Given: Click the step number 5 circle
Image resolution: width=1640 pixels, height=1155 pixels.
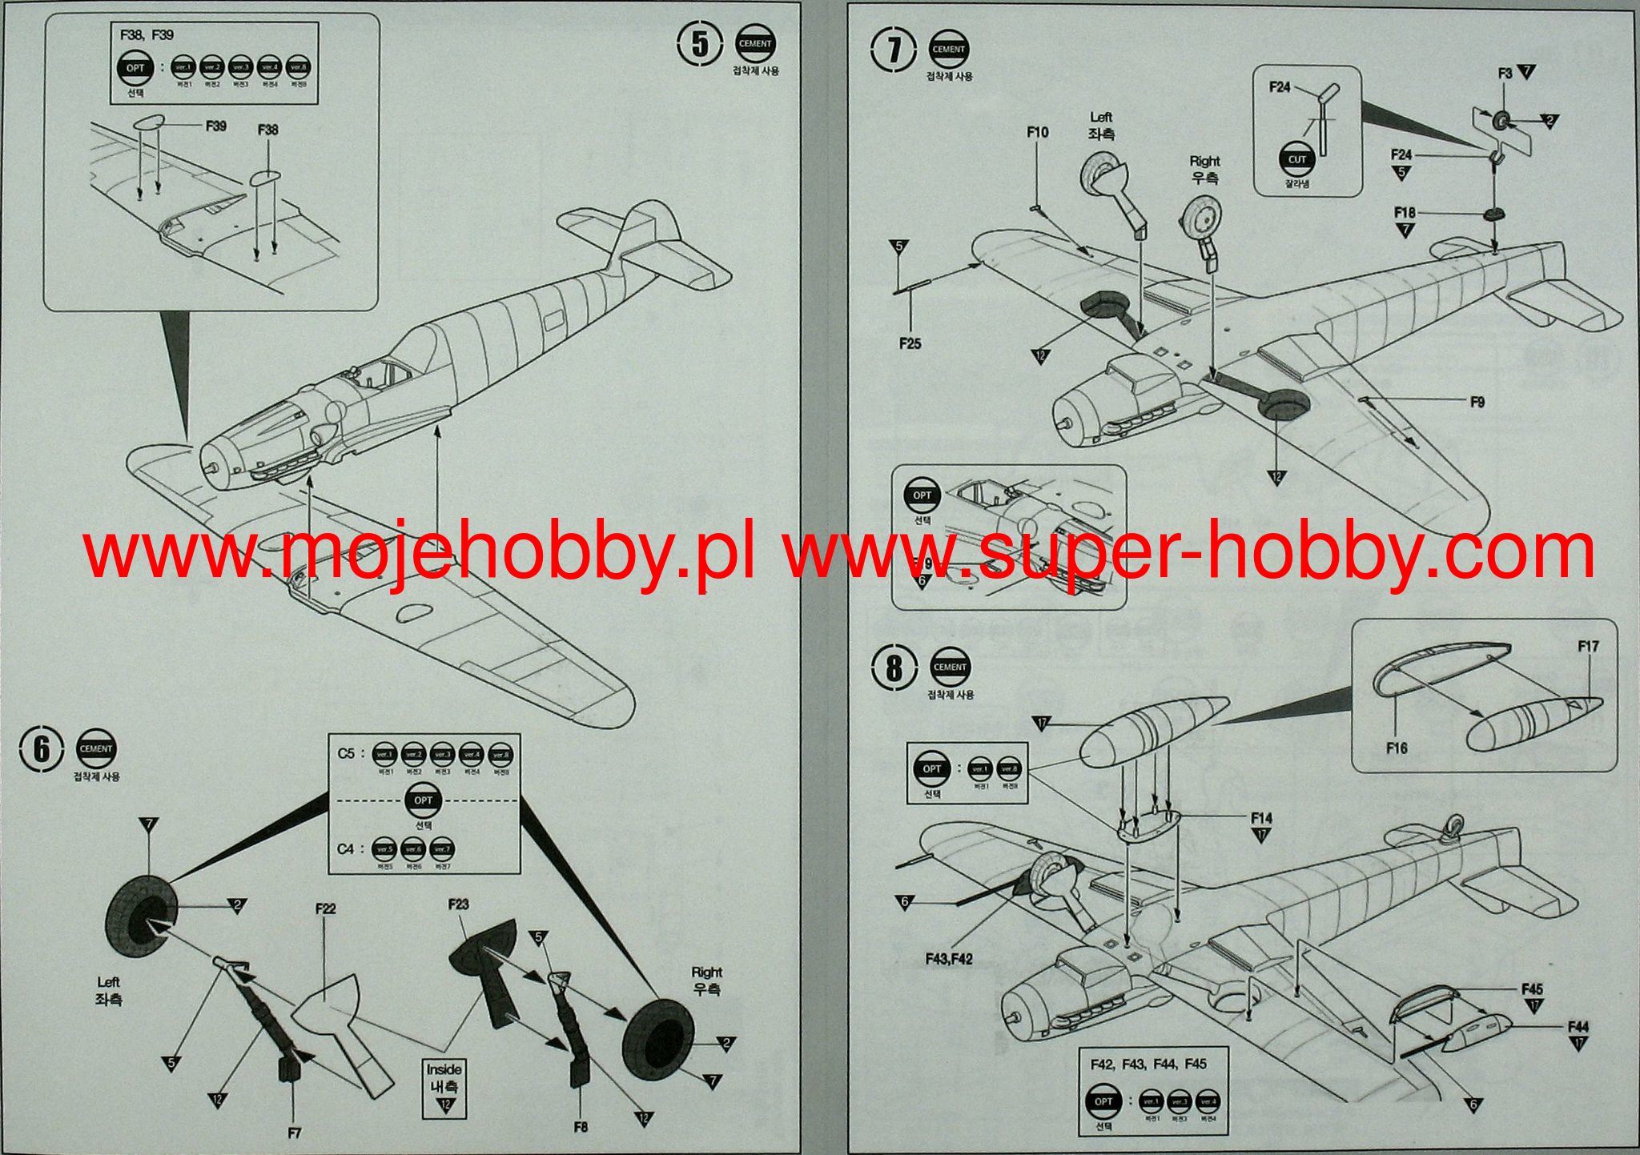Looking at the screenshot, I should click(700, 46).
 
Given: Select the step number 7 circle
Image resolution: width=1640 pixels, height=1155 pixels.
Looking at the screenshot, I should click(893, 50).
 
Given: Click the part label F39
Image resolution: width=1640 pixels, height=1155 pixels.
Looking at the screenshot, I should click(215, 126).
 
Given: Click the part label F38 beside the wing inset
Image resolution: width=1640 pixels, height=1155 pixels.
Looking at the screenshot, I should click(268, 130).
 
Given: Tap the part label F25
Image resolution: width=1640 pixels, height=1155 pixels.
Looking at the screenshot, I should click(910, 343).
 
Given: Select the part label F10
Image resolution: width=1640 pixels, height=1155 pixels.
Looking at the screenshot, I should click(1038, 132).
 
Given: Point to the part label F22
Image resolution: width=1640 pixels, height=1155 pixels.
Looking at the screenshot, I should click(325, 908).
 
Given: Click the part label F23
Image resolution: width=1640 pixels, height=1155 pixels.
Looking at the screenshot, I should click(459, 904).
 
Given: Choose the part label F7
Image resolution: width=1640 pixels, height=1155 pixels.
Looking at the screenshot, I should click(294, 1133).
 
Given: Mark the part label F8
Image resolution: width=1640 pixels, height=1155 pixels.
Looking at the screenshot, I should click(581, 1126).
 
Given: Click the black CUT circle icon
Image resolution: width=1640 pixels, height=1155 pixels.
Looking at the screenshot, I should click(1296, 159).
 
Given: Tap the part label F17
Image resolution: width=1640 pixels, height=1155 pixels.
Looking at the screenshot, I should click(1589, 646).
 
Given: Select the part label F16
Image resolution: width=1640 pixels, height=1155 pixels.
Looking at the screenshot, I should click(1397, 748).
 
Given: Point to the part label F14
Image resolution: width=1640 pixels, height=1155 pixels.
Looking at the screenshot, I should click(1261, 818).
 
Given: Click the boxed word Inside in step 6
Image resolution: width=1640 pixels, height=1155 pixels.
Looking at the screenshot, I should click(444, 1069).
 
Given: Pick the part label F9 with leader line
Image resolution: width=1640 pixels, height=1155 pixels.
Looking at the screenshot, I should click(1477, 402).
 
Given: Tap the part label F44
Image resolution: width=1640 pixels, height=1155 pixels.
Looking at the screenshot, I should click(1578, 1026).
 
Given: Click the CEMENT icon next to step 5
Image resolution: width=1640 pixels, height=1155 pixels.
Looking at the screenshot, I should click(754, 45).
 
